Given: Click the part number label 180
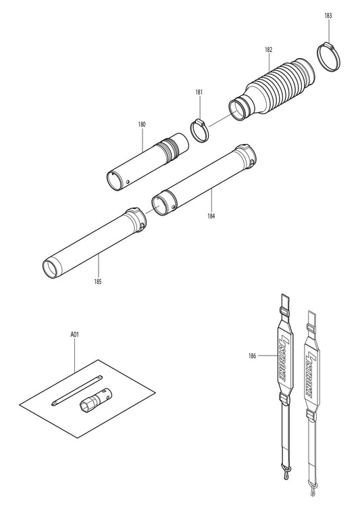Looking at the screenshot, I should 142,125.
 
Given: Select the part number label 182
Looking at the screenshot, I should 269,50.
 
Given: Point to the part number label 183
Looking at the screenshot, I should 328,15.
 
